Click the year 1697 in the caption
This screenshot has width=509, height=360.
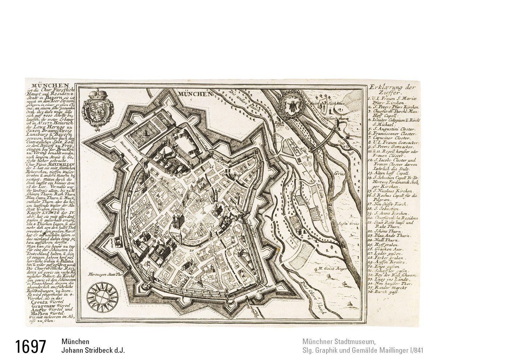[31, 347]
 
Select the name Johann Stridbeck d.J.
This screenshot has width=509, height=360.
[93, 351]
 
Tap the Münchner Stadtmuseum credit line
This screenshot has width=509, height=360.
[338, 342]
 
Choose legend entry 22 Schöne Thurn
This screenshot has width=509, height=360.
[386, 231]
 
